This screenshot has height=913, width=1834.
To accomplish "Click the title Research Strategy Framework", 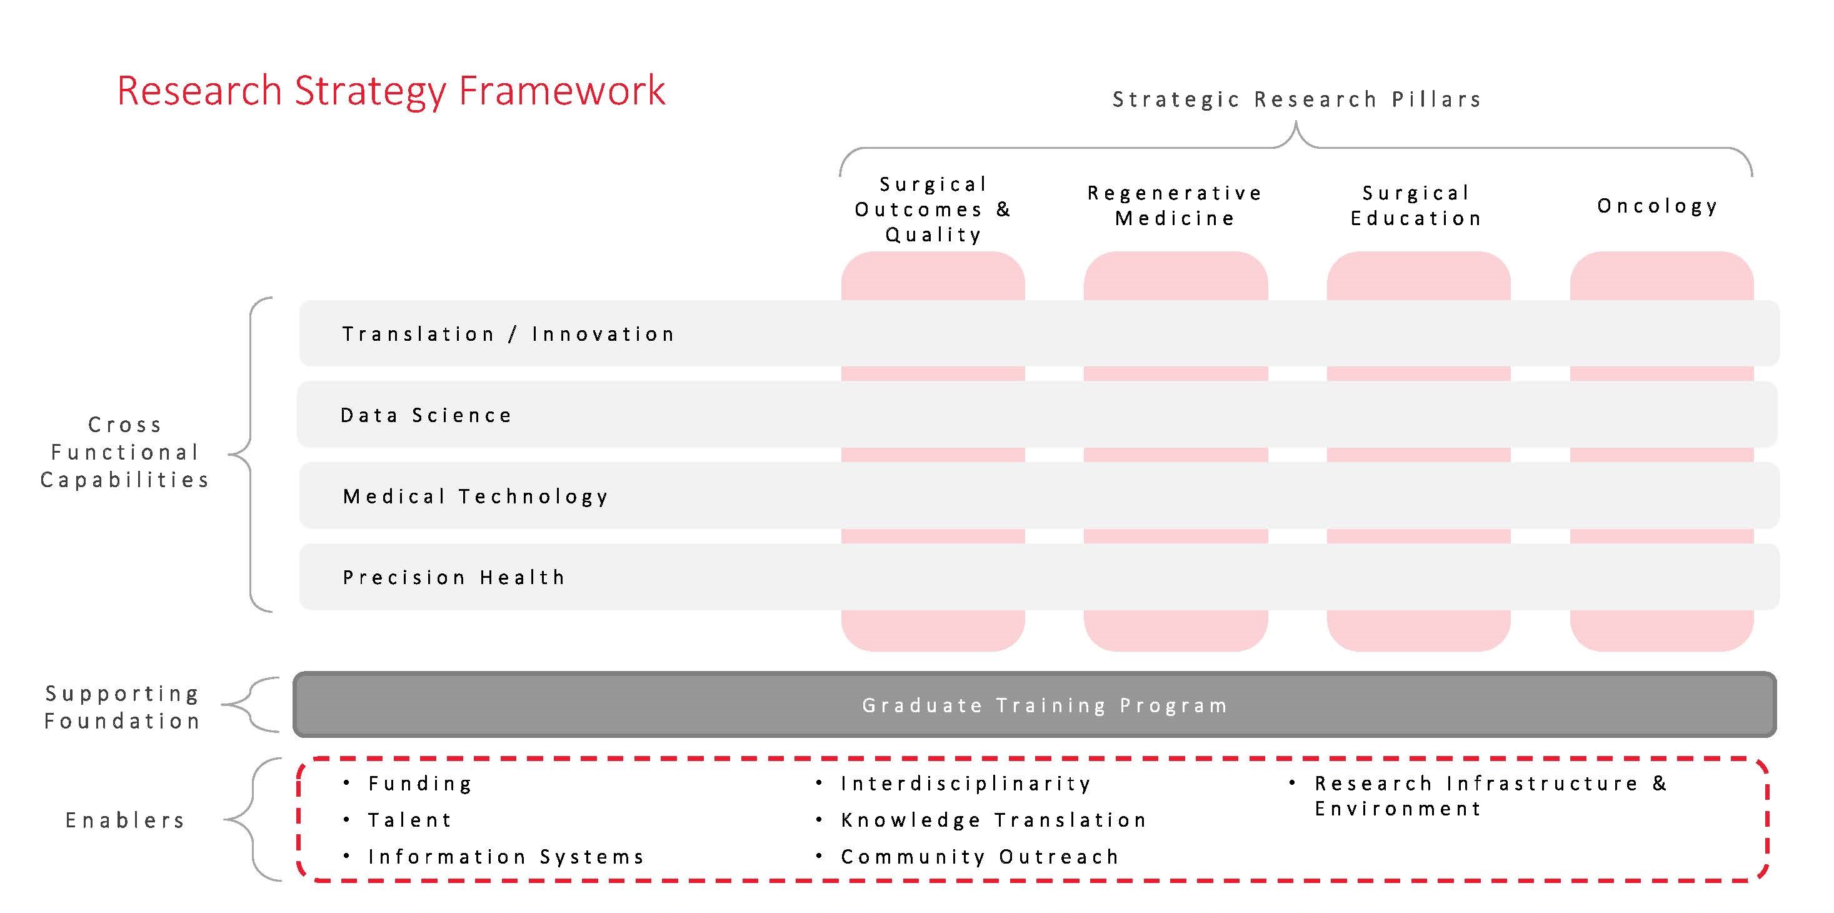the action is click(391, 91).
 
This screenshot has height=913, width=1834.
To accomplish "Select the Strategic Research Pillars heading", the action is click(1297, 99).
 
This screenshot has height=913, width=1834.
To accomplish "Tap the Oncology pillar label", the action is click(1658, 206).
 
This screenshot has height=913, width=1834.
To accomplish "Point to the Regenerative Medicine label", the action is click(1175, 205).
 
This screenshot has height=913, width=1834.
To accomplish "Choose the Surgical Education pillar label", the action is click(1416, 205).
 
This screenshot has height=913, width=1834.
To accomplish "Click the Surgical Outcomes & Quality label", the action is click(933, 209).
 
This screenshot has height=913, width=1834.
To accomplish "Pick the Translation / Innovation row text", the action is click(508, 334).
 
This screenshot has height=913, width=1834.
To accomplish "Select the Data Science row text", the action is click(426, 415).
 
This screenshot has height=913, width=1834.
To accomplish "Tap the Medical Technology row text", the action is click(476, 497).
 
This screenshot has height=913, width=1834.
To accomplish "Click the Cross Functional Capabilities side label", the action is click(124, 452).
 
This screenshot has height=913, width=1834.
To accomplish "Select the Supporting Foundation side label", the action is click(123, 707).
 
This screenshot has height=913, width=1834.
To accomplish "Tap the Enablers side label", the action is click(125, 820).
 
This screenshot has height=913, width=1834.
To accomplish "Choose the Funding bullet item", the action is click(420, 784).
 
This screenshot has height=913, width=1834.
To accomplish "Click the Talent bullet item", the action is click(410, 820).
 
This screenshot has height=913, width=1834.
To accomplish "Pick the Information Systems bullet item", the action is click(506, 857).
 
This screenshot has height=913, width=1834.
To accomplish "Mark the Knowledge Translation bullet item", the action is click(994, 820).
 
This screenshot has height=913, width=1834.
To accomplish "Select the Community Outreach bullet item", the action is click(980, 857).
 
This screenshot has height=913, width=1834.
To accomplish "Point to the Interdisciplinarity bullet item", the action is click(965, 784).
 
